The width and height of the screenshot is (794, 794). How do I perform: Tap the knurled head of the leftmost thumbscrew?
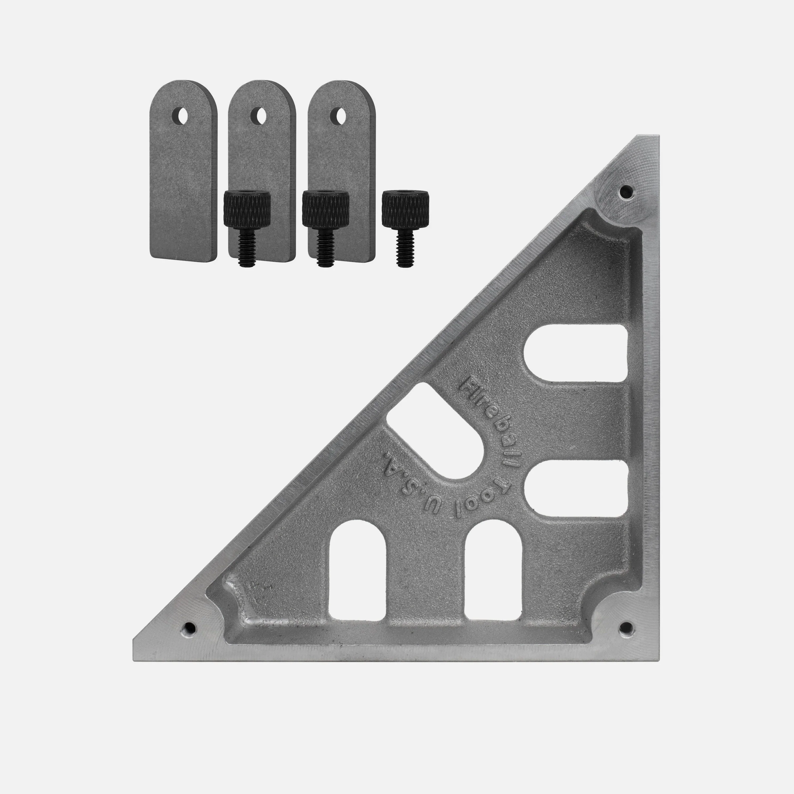[247, 209]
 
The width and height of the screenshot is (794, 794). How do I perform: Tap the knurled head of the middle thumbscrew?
[326, 209]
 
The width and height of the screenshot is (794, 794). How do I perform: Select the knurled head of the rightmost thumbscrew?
[405, 209]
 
